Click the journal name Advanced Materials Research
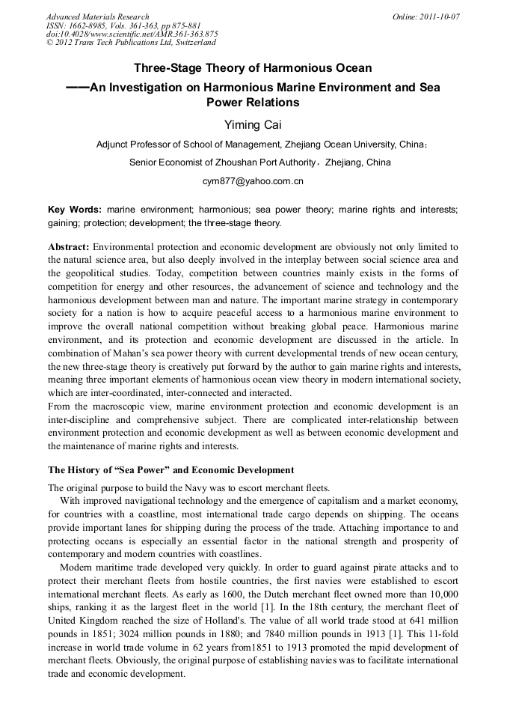click(97, 16)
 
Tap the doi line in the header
click(132, 34)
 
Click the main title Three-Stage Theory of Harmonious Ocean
click(253, 68)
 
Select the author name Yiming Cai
click(253, 124)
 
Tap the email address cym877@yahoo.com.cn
click(253, 181)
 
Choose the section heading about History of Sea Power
click(171, 470)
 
